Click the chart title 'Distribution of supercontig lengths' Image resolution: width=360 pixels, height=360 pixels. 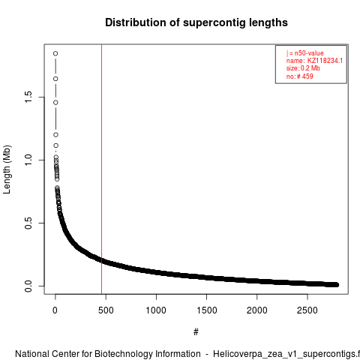click(x=196, y=22)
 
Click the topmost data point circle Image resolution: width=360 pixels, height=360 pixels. click(x=55, y=53)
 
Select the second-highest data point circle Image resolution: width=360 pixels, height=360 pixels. click(x=55, y=79)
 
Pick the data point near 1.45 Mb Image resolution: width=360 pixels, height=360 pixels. click(x=55, y=103)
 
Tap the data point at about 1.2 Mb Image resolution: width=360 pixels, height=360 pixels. click(x=55, y=135)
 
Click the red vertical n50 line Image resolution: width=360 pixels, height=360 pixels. click(x=101, y=169)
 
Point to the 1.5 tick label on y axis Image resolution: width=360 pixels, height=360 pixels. click(x=28, y=97)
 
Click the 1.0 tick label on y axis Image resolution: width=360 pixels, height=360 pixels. click(x=28, y=160)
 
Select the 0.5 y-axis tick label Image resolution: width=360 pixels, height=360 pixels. click(x=28, y=223)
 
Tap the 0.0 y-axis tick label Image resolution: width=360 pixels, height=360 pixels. click(x=28, y=286)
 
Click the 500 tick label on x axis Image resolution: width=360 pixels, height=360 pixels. click(x=106, y=310)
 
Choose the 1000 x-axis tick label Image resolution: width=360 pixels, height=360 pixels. click(x=156, y=310)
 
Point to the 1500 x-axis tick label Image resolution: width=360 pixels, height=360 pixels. click(x=207, y=310)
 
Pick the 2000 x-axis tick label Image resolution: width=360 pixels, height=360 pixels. click(x=257, y=310)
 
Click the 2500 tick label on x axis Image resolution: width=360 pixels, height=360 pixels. click(x=307, y=310)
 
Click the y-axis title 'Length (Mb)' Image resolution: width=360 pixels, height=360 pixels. click(x=7, y=169)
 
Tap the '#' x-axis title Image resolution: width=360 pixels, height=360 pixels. click(x=196, y=332)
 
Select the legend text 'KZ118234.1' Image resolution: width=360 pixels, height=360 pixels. click(x=325, y=61)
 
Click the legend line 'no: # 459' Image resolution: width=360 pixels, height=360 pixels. click(x=300, y=76)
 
